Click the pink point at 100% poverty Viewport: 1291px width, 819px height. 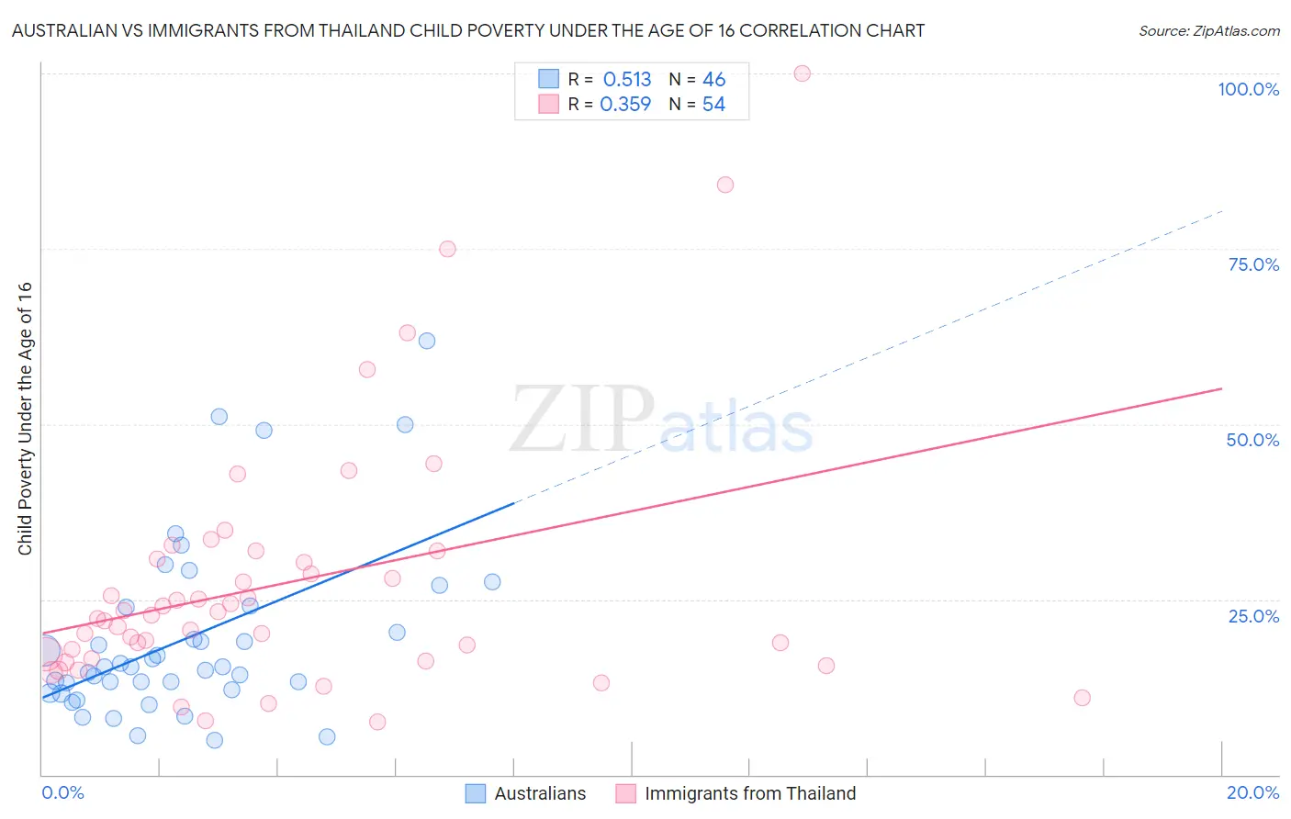pos(802,73)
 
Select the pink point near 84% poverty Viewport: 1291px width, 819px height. pos(725,185)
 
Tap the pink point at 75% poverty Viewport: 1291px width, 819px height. pos(447,249)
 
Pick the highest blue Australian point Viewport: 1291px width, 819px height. pos(427,341)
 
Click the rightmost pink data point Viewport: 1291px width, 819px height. pos(1082,698)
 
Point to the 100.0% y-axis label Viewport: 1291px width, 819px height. pos(1248,89)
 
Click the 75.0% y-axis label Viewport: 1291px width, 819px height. pos(1253,264)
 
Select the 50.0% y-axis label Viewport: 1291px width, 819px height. pos(1252,440)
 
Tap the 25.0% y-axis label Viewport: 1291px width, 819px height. pos(1253,616)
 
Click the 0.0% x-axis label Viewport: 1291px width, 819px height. pos(62,792)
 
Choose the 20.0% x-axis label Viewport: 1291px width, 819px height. pos(1252,792)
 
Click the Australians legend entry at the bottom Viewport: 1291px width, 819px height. pos(539,793)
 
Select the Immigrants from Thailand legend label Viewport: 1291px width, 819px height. pos(749,793)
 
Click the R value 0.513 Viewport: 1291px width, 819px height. pos(627,80)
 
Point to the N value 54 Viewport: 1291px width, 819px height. pos(713,105)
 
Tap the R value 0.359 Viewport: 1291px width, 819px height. pos(625,105)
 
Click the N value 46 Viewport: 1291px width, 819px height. pos(713,80)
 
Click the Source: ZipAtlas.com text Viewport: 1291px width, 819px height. pos(1208,31)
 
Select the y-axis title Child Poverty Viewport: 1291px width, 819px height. pos(25,418)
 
